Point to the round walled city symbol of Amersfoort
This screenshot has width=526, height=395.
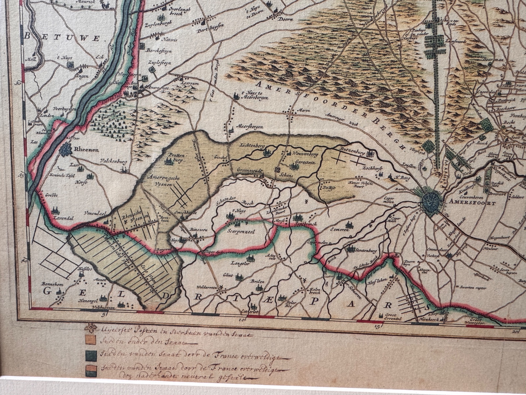tap(432, 200)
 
